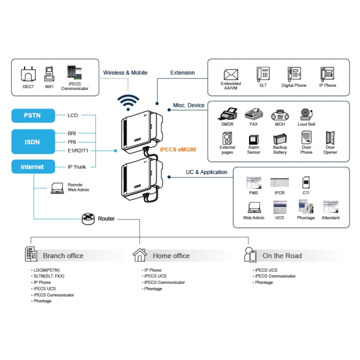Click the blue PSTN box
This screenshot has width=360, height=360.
[32, 115]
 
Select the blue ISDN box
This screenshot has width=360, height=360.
[32, 142]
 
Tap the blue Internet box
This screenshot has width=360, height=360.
[32, 166]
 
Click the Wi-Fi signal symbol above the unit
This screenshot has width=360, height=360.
[127, 101]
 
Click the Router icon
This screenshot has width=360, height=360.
[89, 219]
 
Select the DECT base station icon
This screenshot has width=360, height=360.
[28, 76]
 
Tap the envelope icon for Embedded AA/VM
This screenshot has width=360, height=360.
[231, 74]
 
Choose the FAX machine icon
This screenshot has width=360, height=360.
[254, 114]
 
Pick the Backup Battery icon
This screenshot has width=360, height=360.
[280, 138]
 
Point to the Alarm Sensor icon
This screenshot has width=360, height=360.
[254, 139]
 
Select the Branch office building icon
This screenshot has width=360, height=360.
[31, 254]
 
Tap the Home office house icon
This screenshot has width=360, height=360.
[140, 254]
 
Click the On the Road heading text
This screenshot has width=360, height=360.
[282, 256]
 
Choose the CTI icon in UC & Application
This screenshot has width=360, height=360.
[306, 182]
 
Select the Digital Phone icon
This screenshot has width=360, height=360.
[293, 74]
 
